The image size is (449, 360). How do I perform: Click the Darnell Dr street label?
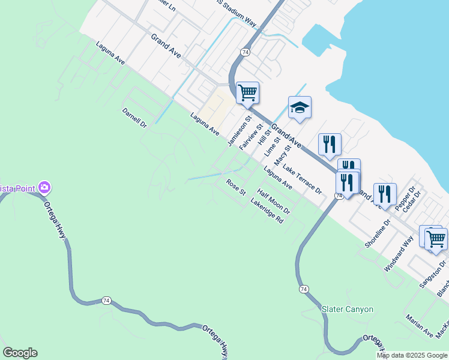[134, 118]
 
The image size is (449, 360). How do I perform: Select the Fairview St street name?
[248, 137]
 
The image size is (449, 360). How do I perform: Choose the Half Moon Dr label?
[274, 202]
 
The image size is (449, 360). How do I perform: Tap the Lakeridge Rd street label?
[267, 211]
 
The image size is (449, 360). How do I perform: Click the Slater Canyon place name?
[348, 310]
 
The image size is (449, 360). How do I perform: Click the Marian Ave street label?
[419, 326]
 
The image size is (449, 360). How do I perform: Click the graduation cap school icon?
[300, 107]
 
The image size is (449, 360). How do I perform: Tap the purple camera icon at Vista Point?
[44, 188]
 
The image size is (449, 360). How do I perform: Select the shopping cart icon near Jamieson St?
[247, 93]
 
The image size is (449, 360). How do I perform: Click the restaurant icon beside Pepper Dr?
[385, 194]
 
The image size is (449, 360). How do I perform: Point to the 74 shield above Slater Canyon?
[305, 289]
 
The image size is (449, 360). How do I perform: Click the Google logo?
[20, 353]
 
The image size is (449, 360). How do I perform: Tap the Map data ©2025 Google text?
[412, 355]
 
